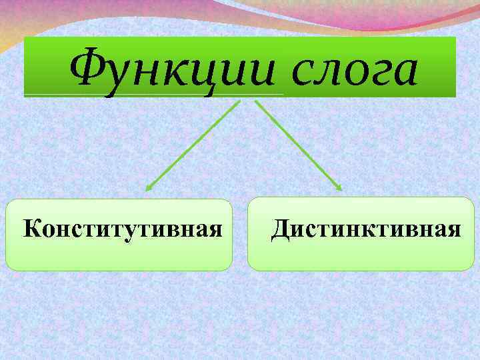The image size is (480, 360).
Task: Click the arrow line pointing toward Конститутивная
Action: pyautogui.click(x=193, y=146)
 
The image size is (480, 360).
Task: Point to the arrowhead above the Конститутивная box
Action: pyautogui.click(x=148, y=189)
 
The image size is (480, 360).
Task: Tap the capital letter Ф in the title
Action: pyautogui.click(x=87, y=69)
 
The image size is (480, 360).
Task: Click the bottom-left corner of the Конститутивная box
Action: pyautogui.click(x=8, y=267)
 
